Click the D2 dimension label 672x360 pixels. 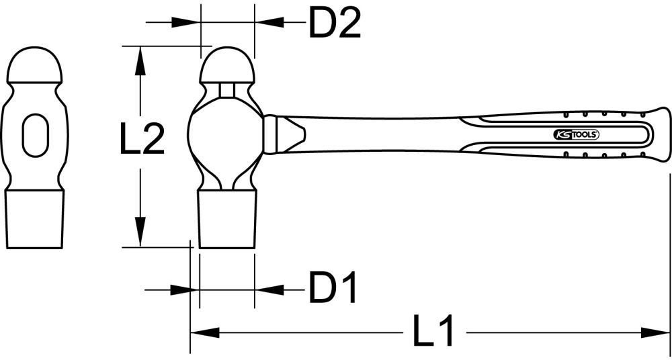335,24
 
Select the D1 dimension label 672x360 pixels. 333,289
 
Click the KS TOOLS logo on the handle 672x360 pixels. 577,134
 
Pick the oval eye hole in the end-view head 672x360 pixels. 36,135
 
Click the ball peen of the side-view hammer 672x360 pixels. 227,64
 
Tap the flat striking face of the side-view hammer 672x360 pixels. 227,222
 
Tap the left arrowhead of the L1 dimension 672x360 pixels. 204,332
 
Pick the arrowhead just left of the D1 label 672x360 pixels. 269,289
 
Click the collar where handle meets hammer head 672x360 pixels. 271,134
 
